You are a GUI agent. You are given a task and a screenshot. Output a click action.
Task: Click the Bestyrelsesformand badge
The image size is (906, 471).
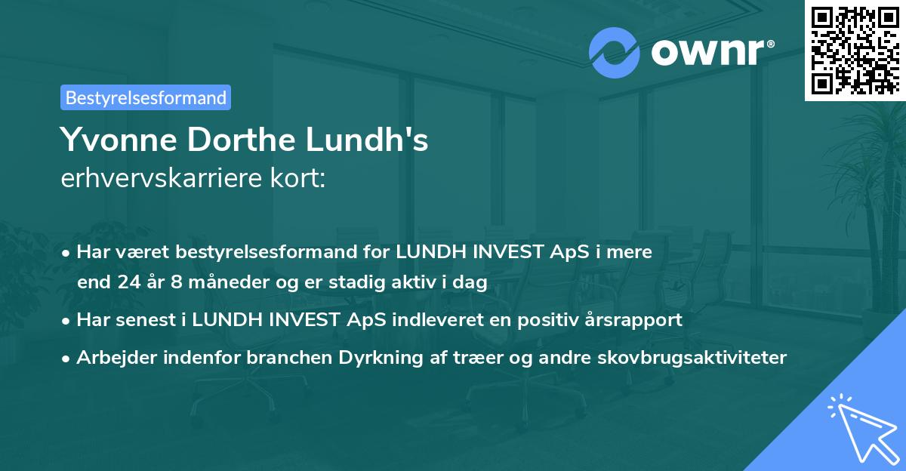(146, 97)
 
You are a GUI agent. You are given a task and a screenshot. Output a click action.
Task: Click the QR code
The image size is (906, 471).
(854, 50)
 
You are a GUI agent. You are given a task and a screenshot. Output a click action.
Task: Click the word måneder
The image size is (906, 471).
(226, 283)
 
